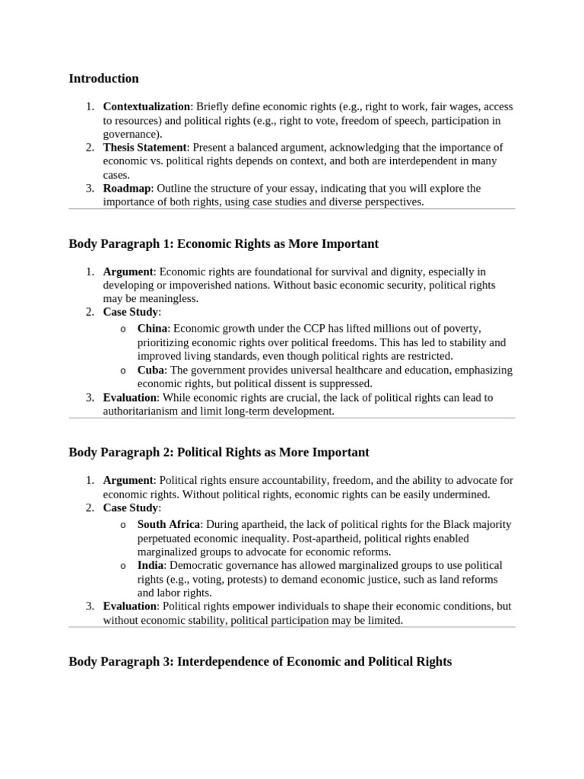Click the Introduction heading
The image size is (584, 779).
pos(103,78)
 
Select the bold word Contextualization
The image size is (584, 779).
pos(146,107)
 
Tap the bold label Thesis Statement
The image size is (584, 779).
pos(144,148)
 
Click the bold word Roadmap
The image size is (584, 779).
pos(127,189)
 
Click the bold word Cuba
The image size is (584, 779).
pos(151,370)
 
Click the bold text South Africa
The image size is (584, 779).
pos(169,525)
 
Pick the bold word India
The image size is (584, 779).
pos(151,566)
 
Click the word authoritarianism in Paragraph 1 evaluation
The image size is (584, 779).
pos(141,411)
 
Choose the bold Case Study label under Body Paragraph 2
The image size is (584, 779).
pos(131,507)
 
